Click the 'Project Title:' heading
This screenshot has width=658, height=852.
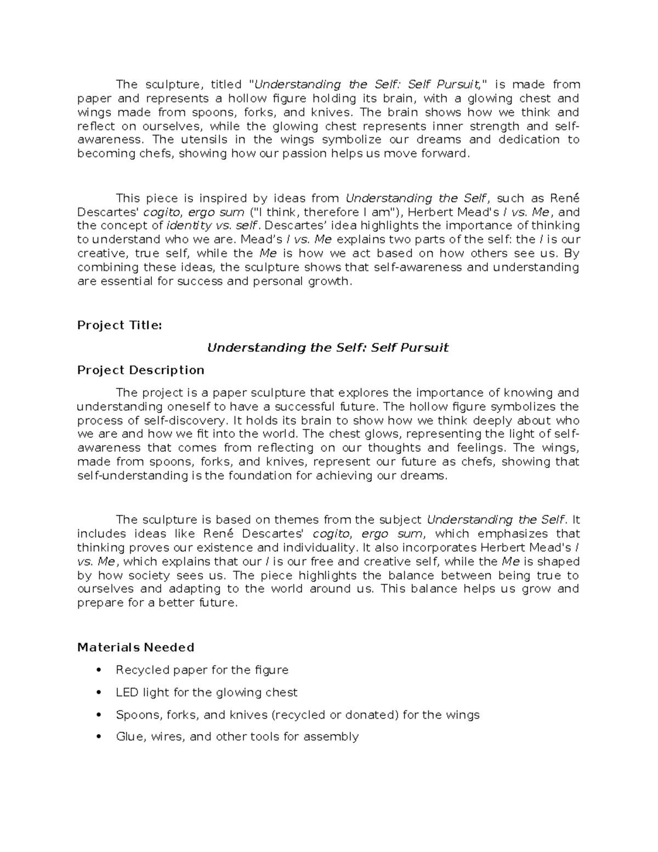120,325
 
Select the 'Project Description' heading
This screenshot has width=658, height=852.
140,370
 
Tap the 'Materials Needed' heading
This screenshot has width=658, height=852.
135,647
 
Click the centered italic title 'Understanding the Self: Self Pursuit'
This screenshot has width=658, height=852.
327,348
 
